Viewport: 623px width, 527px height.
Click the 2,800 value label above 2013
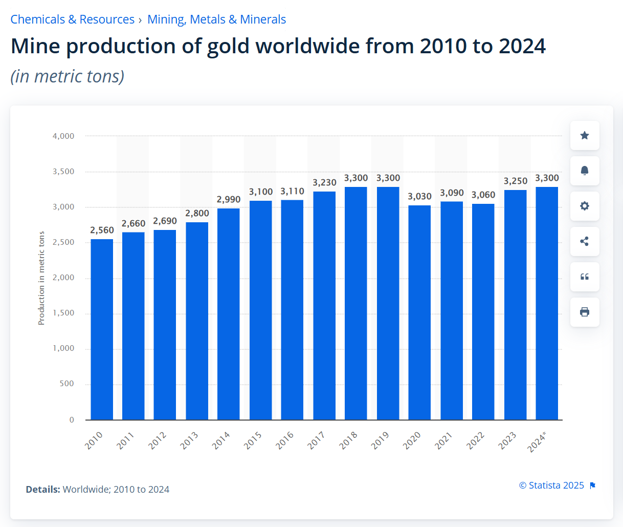point(197,213)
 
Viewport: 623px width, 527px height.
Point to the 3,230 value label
point(324,182)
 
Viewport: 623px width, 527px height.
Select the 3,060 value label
point(483,195)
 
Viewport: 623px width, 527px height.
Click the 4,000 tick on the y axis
point(63,136)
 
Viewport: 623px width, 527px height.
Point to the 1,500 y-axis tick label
point(63,313)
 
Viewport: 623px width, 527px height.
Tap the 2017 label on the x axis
point(317,440)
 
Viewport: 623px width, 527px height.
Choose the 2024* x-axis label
point(537,441)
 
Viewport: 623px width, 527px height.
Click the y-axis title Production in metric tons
point(41,278)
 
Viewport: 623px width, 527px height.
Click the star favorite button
point(585,135)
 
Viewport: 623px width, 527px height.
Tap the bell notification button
point(585,171)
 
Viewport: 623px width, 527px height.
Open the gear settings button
point(585,206)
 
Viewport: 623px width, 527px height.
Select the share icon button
point(585,241)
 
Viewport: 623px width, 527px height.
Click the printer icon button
point(585,312)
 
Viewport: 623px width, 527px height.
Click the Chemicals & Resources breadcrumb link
point(72,19)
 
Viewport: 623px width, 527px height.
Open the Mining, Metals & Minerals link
point(216,19)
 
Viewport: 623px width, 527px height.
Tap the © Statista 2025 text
point(551,485)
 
